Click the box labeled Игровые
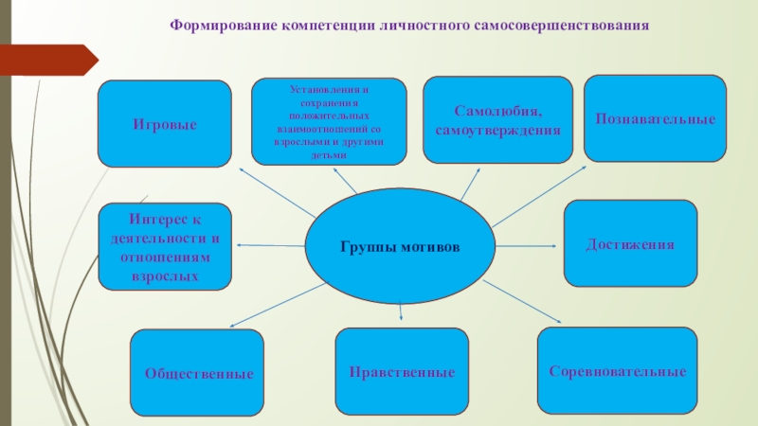165,123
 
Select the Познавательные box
655,118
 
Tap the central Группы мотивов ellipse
400,246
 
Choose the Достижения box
630,243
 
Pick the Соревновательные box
618,371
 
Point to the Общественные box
197,373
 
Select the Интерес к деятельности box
165,246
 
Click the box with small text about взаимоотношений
329,121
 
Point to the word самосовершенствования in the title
568,25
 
